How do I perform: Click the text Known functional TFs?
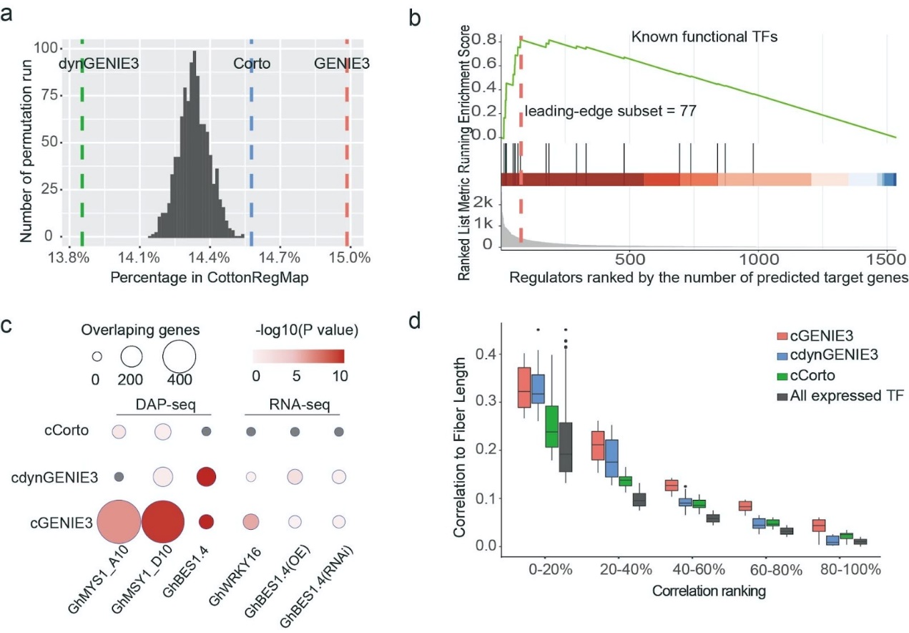pos(704,37)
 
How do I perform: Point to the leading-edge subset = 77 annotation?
pos(610,111)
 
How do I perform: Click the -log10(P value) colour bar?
pos(299,356)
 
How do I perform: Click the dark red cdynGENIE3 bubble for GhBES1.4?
pos(206,476)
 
